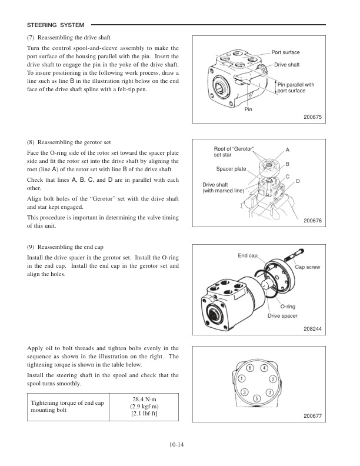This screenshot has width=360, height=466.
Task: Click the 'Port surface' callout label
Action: pyautogui.click(x=285, y=53)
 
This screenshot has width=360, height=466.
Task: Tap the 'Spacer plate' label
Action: pyautogui.click(x=231, y=169)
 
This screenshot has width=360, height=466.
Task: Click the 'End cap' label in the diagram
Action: pyautogui.click(x=248, y=256)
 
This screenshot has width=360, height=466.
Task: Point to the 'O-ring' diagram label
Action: pyautogui.click(x=287, y=307)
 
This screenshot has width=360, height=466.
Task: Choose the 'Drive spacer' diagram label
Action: pyautogui.click(x=282, y=316)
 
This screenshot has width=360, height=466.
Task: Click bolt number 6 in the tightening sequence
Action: pyautogui.click(x=249, y=368)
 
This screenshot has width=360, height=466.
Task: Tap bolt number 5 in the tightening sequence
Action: pyautogui.click(x=256, y=399)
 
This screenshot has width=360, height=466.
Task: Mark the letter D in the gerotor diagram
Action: pyautogui.click(x=298, y=181)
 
